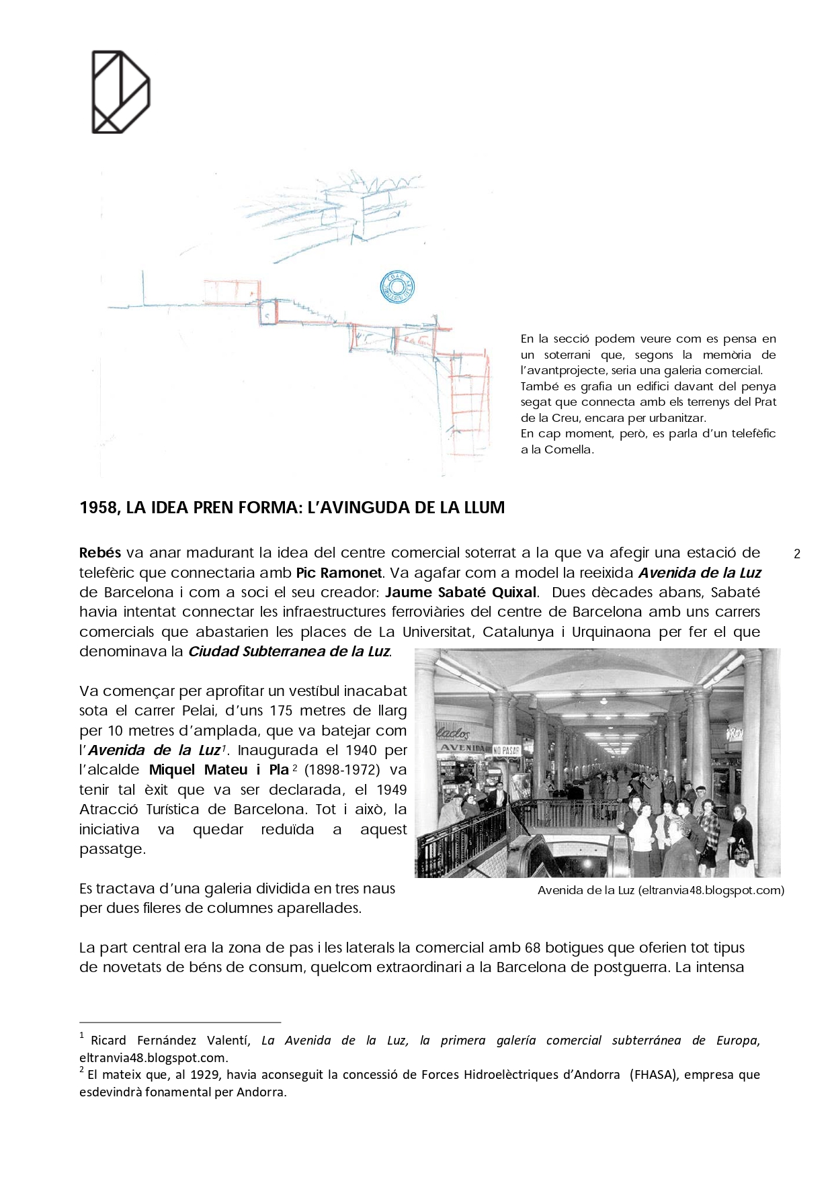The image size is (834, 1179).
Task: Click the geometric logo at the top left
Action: (120, 91)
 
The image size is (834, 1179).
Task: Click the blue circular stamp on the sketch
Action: (397, 287)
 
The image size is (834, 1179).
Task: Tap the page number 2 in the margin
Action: (797, 554)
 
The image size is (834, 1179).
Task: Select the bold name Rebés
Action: (100, 553)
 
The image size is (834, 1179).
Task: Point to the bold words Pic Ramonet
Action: (339, 573)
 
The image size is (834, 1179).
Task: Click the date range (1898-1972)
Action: (342, 770)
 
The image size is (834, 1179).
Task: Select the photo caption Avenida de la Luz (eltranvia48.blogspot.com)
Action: (661, 891)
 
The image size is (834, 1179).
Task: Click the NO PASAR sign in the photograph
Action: (506, 750)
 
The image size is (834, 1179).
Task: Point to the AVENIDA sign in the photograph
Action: (462, 748)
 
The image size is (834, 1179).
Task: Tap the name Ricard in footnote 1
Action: (108, 1041)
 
